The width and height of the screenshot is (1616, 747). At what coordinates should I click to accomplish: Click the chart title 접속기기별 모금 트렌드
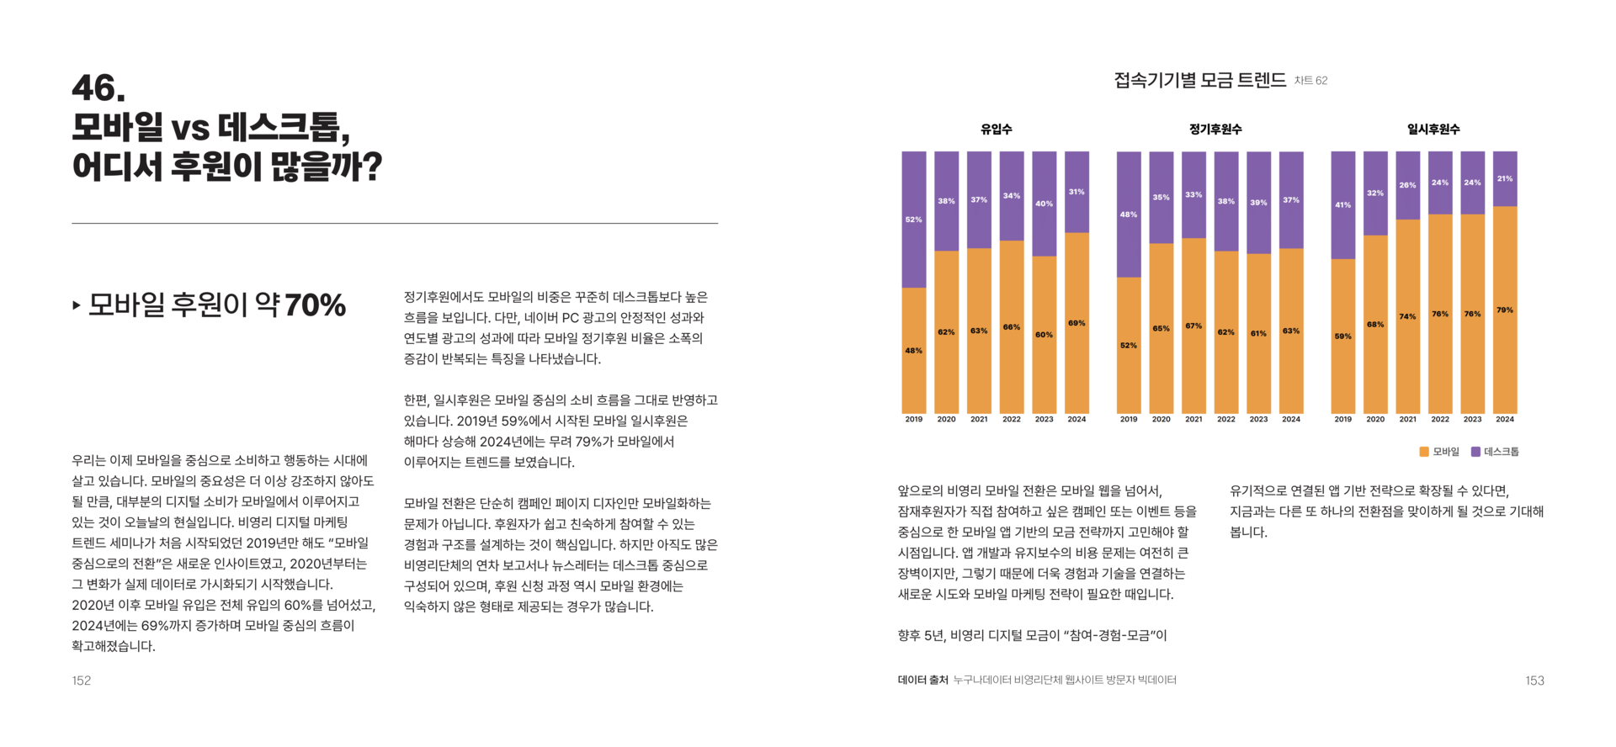[1199, 81]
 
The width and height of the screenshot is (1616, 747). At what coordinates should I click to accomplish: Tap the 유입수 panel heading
[996, 130]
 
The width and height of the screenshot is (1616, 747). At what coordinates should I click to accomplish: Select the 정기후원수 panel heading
[1215, 130]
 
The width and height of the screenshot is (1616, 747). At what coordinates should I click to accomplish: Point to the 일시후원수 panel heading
[1433, 130]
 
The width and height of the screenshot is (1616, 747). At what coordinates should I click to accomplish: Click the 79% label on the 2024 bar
[1505, 310]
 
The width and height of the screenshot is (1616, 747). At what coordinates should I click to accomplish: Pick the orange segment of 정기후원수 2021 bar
[1193, 353]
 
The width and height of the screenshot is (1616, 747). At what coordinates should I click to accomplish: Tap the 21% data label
[1505, 178]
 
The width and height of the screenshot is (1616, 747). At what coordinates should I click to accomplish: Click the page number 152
[82, 681]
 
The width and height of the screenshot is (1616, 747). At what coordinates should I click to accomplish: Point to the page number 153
[1534, 681]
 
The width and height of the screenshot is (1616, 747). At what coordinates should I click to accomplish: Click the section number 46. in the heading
[98, 88]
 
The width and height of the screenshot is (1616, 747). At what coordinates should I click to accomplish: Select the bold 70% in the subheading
[315, 305]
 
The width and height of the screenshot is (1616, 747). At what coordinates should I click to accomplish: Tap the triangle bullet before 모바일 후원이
[77, 305]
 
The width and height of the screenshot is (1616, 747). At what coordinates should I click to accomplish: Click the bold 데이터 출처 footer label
[922, 680]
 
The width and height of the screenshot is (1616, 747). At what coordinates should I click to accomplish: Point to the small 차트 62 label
[1310, 81]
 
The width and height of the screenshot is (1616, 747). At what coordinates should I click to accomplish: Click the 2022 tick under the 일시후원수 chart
[1440, 419]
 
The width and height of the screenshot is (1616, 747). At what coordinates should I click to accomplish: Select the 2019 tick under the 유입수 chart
[914, 419]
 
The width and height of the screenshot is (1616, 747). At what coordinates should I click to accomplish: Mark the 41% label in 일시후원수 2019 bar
[1343, 204]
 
